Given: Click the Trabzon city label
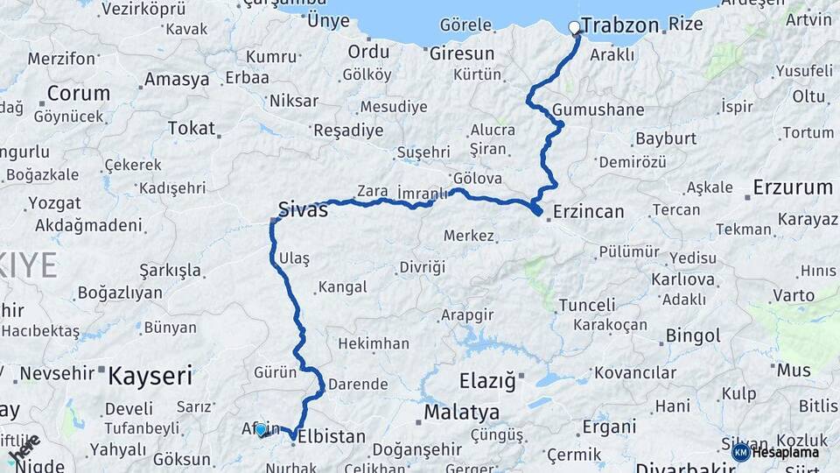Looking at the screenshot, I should (619, 25).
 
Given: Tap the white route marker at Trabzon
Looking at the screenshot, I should (575, 27).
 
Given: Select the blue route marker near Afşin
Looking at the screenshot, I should (260, 429).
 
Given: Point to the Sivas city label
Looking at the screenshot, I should (303, 209).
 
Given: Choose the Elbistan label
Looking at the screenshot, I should (332, 435).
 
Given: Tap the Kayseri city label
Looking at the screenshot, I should (150, 377).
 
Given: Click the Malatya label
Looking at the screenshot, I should (462, 412).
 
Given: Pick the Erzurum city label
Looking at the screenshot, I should (792, 187).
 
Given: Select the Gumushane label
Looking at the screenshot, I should (598, 110).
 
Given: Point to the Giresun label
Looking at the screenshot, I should (461, 53).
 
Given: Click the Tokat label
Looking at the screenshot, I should (191, 129).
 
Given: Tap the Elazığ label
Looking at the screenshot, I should (488, 381).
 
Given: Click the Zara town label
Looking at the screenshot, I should (372, 190).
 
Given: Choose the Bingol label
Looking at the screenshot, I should (693, 335).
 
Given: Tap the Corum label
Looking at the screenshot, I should (79, 93).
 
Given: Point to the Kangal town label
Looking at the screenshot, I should (342, 286).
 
